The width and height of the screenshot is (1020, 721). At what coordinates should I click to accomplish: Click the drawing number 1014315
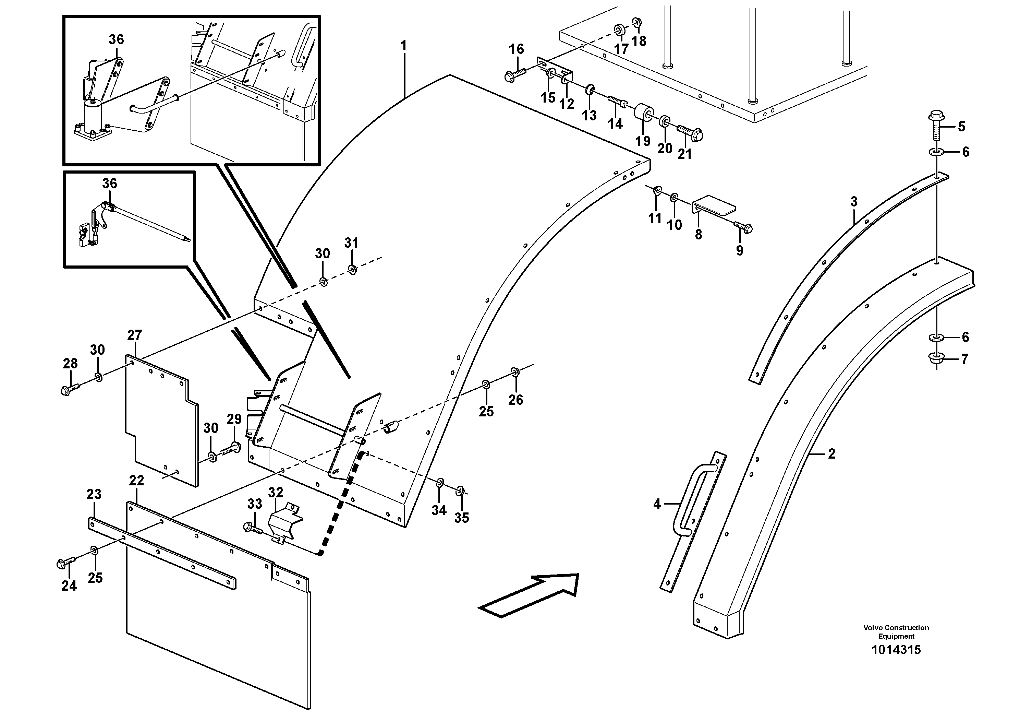896,650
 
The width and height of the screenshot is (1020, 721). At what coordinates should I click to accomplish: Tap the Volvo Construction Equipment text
896,632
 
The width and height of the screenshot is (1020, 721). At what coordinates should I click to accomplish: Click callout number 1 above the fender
403,46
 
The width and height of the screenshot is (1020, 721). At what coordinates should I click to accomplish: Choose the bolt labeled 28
70,389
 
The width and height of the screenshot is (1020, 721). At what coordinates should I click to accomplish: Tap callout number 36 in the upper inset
117,39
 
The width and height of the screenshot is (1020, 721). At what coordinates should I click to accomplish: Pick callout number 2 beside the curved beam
831,454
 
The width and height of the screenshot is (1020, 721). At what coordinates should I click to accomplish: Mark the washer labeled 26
514,371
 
